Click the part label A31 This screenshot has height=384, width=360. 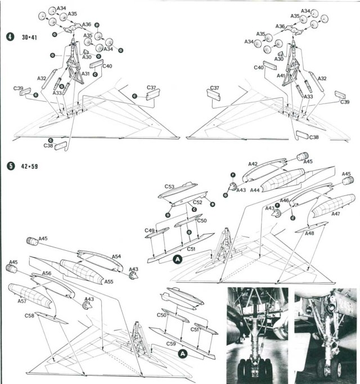pos(85,74)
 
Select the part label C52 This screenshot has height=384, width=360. pos(197,202)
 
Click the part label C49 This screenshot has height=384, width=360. pos(148,231)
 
